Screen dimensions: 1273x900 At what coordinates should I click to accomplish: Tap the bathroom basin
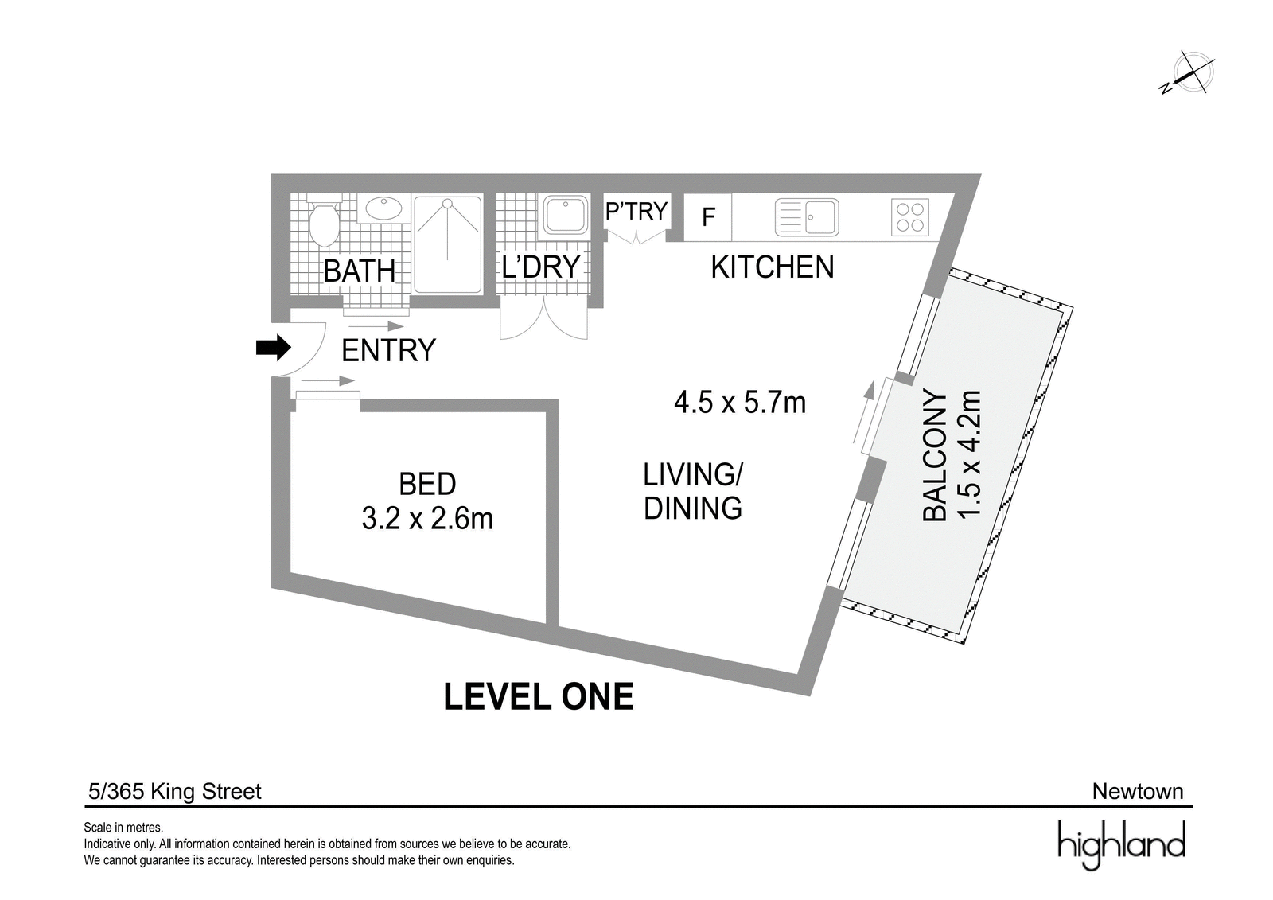pos(383,208)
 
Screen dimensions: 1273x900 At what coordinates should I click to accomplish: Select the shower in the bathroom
pos(448,244)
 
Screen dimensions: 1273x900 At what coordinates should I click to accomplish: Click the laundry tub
pos(566,215)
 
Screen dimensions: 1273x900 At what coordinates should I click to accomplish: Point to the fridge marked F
pos(707,217)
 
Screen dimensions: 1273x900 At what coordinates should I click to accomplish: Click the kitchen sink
pos(807,217)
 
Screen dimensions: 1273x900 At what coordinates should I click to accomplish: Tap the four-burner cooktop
pos(910,217)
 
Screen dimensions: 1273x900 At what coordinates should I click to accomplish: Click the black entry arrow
pos(274,348)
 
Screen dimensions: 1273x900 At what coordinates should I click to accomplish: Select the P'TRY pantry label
pos(636,211)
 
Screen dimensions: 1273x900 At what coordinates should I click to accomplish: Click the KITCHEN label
pos(773,267)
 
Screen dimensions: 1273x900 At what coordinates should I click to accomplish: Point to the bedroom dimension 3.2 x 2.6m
pos(427,519)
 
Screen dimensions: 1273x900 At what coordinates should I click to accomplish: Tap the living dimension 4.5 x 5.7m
pos(740,403)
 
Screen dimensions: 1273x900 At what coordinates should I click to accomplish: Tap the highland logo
pos(1121,844)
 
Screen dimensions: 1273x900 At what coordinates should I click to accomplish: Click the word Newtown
pos(1138,792)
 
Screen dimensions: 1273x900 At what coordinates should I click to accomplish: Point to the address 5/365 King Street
pos(175,792)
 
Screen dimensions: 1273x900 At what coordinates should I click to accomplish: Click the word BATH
pos(359,271)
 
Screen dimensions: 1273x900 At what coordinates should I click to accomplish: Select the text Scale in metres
pos(123,828)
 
